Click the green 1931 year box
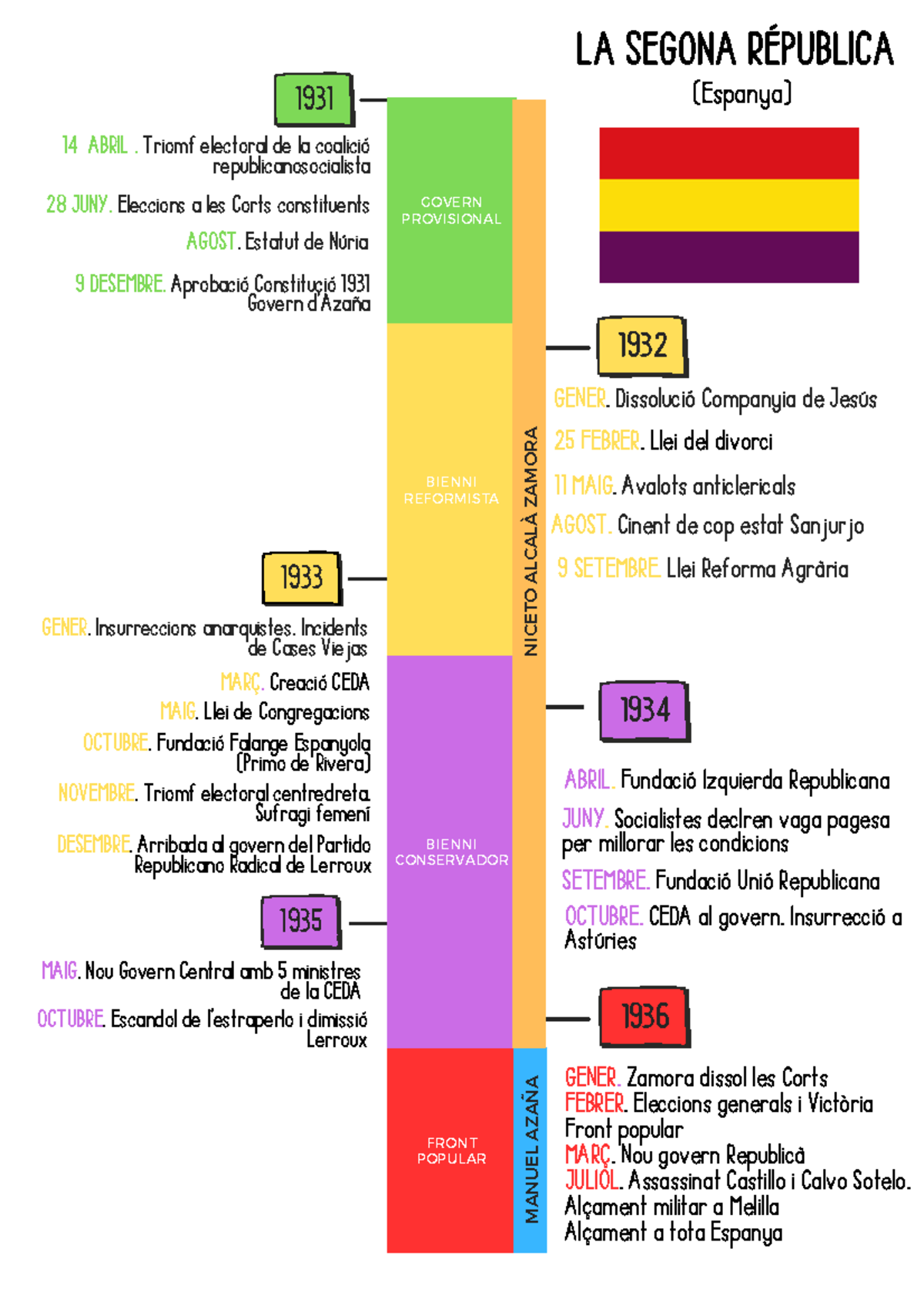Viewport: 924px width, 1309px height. click(x=314, y=99)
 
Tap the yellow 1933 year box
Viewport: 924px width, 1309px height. click(x=301, y=577)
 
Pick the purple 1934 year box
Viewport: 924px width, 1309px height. click(x=644, y=709)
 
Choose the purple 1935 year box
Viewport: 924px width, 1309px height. click(x=300, y=921)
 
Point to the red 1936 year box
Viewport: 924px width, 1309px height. click(x=644, y=1016)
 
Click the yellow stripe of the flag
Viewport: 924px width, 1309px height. click(x=728, y=205)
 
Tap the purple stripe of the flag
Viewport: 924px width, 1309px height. click(x=728, y=256)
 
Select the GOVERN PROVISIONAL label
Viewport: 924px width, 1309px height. click(x=451, y=210)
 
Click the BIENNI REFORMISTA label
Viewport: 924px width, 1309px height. click(x=451, y=490)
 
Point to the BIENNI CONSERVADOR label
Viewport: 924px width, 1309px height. click(x=451, y=852)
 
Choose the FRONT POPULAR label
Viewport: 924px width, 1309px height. click(x=451, y=1150)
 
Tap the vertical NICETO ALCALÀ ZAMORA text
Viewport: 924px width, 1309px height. click(x=531, y=541)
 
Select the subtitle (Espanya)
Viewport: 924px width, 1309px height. click(x=742, y=95)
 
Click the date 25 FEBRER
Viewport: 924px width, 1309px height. click(x=597, y=441)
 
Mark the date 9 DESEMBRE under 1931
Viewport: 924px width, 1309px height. click(x=119, y=284)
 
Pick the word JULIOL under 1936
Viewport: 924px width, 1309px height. click(x=591, y=1180)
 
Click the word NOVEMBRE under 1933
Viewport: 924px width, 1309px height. click(x=96, y=793)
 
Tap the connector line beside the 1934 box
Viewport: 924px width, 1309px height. click(x=565, y=706)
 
